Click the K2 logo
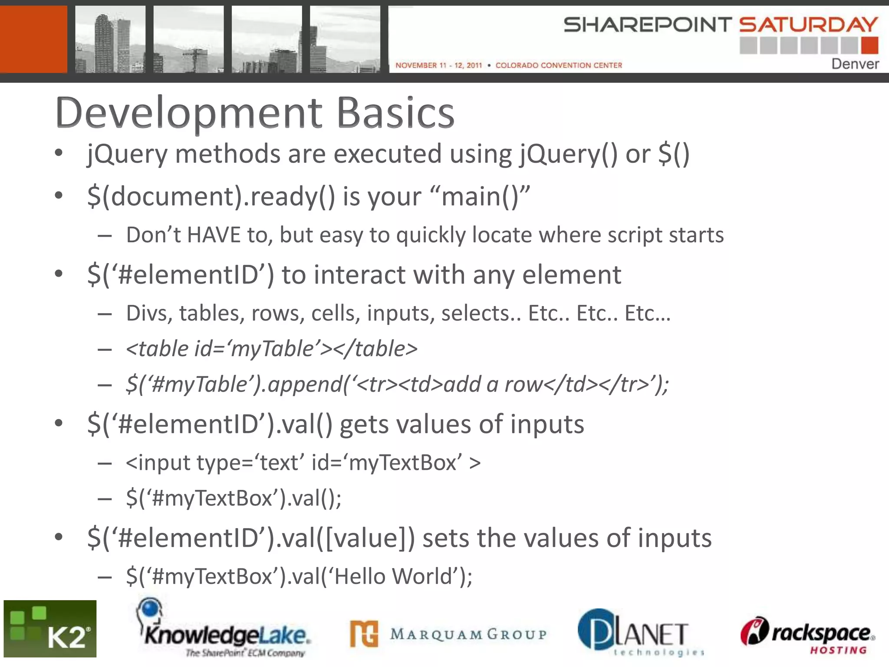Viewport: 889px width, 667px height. tap(50, 629)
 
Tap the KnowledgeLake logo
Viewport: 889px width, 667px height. tap(224, 630)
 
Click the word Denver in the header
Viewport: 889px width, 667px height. tap(855, 64)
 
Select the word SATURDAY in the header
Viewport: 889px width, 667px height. tap(808, 25)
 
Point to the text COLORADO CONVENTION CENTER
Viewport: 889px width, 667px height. tap(559, 65)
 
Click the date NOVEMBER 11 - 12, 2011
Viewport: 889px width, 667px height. tap(438, 65)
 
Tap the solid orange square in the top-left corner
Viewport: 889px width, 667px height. tap(33, 39)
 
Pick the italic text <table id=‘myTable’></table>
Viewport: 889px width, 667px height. tap(272, 349)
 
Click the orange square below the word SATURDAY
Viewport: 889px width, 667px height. tap(869, 46)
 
